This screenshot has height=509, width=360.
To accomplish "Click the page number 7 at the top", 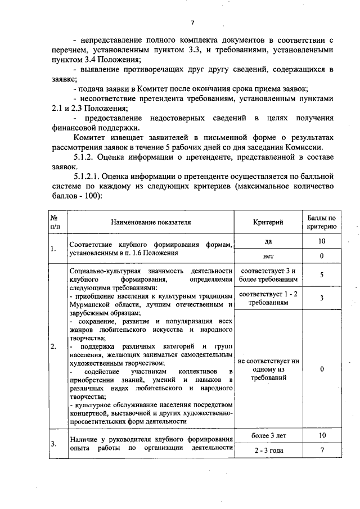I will click(192, 22).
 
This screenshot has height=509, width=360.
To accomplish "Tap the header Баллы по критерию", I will click(322, 222).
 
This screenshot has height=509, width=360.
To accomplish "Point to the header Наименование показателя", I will click(151, 222).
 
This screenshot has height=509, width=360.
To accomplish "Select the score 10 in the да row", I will click(322, 241).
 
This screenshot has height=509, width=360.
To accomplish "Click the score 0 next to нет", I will click(322, 256).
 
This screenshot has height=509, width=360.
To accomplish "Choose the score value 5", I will click(322, 276).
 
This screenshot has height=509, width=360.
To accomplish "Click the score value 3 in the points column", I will click(322, 298).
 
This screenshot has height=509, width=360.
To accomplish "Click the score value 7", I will click(322, 451).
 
